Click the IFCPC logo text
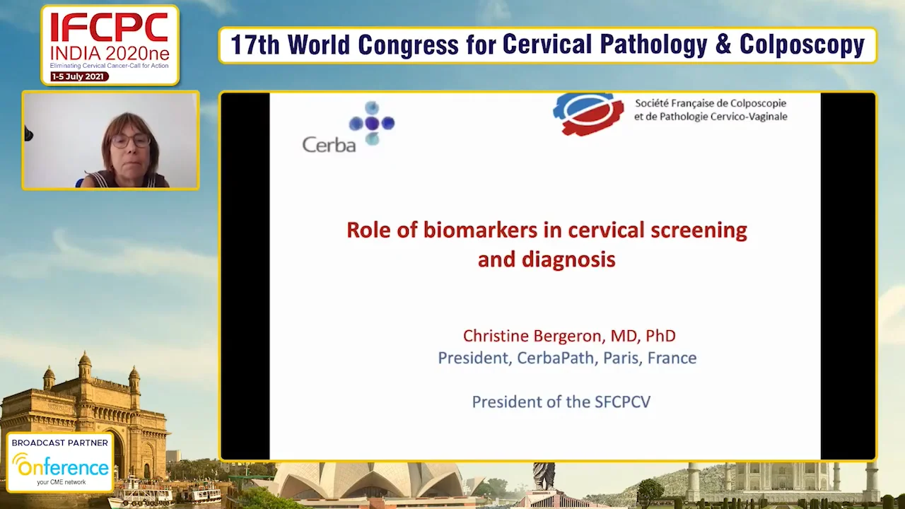pos(110,28)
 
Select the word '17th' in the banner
pos(255,45)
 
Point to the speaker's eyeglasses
pos(131,140)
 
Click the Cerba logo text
pos(328,144)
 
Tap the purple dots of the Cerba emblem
pos(372,124)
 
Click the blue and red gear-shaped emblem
pos(588,114)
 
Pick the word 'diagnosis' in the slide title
pos(568,259)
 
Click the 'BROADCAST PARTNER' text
pos(60,443)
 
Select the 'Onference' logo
pos(61,467)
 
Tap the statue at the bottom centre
pos(544,475)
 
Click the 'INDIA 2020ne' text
pos(110,54)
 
